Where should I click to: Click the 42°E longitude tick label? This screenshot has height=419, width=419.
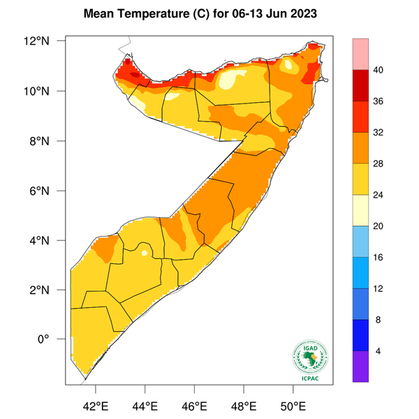96,405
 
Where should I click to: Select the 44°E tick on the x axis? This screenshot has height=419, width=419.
145,405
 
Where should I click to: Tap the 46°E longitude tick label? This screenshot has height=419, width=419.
195,405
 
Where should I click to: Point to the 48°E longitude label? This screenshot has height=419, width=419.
244,405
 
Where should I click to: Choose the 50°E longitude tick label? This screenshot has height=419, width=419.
293,405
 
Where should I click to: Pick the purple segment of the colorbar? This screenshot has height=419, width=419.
362,366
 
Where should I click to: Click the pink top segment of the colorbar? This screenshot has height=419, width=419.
362,54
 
